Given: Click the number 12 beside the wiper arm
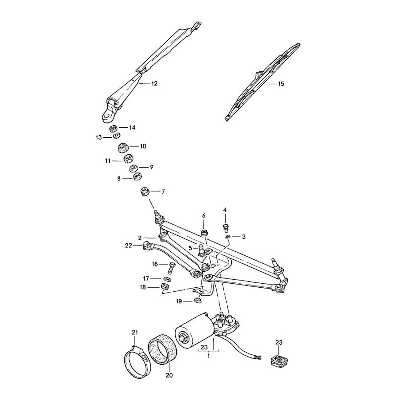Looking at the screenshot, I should click(x=154, y=84).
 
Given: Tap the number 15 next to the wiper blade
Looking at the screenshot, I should click(x=281, y=84).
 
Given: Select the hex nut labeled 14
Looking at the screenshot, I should click(x=113, y=128).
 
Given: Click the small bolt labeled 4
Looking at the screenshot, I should click(x=225, y=227).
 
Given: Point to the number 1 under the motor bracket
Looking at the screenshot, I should click(x=208, y=356).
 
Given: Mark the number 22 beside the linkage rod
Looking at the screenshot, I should click(x=128, y=245).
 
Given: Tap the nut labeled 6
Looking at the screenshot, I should click(x=204, y=232).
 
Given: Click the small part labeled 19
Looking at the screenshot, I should click(x=197, y=300).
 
